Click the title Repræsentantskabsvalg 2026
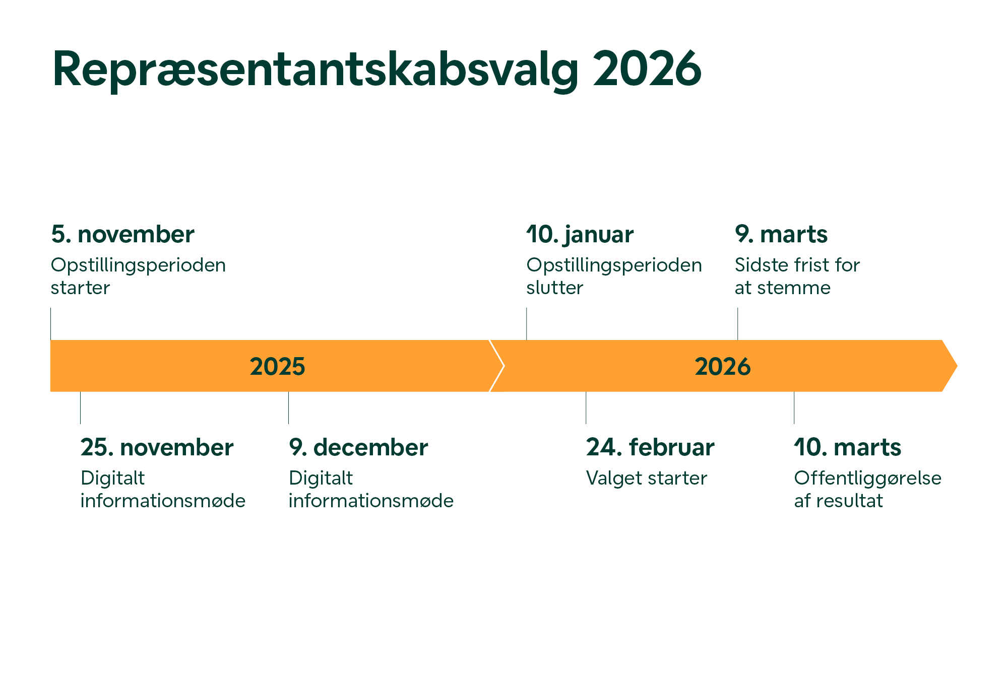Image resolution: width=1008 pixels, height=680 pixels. point(376,70)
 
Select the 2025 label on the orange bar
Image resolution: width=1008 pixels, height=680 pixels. point(278,367)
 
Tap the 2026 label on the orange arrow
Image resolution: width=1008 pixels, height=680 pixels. point(723,367)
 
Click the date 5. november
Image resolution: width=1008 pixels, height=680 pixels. point(122,235)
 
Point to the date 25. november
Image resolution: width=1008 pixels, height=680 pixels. point(157,448)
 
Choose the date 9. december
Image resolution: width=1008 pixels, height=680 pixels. point(358,448)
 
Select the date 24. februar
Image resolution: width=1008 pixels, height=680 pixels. point(650,448)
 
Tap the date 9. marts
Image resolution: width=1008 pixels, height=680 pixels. point(781,235)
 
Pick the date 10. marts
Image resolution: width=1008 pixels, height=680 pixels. point(848,448)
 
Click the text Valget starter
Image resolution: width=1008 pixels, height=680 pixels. point(647,478)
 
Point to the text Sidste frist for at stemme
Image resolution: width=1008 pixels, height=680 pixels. point(797,277)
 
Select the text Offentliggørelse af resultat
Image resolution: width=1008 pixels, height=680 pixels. point(868,489)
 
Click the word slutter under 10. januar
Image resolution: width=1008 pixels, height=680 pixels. point(555,288)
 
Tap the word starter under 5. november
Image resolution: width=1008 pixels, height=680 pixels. point(80,288)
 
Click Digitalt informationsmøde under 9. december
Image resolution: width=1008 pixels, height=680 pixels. point(371,489)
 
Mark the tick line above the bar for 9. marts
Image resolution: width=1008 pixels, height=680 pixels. point(738,324)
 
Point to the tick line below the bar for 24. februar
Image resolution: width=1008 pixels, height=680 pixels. point(586,407)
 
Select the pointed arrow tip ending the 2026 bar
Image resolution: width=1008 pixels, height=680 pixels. point(957,366)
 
